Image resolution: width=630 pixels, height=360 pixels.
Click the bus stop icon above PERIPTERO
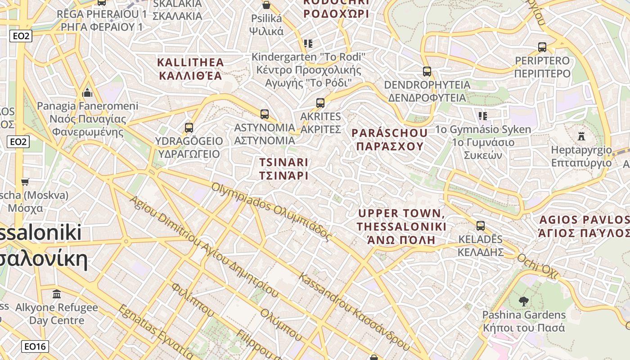(x=542, y=47)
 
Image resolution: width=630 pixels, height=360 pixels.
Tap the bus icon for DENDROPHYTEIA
(x=427, y=71)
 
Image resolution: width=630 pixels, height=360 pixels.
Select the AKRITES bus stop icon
(x=320, y=103)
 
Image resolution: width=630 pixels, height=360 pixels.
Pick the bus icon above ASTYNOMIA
(x=265, y=114)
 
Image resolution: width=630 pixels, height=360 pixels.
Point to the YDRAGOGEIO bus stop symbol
(x=189, y=127)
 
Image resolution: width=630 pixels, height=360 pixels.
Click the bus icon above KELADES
(x=481, y=225)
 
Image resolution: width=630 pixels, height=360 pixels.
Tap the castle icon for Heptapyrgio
(x=581, y=136)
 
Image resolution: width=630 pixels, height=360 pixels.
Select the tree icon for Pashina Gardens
(x=523, y=301)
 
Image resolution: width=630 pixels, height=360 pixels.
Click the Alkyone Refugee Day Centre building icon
(x=57, y=294)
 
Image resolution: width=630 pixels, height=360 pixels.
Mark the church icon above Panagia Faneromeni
(x=88, y=93)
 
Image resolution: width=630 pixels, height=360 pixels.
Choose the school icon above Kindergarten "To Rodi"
(x=308, y=44)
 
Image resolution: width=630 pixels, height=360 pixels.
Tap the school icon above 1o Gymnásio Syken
(x=483, y=116)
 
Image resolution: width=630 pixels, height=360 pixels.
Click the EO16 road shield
(x=35, y=346)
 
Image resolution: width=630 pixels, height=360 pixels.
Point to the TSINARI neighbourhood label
(x=284, y=168)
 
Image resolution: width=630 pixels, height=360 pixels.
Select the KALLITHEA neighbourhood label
(x=190, y=68)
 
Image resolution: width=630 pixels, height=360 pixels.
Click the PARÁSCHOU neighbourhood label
(x=390, y=139)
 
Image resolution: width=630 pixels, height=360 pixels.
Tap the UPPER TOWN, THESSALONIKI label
(x=401, y=226)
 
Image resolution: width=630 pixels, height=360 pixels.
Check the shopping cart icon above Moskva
(x=25, y=182)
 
